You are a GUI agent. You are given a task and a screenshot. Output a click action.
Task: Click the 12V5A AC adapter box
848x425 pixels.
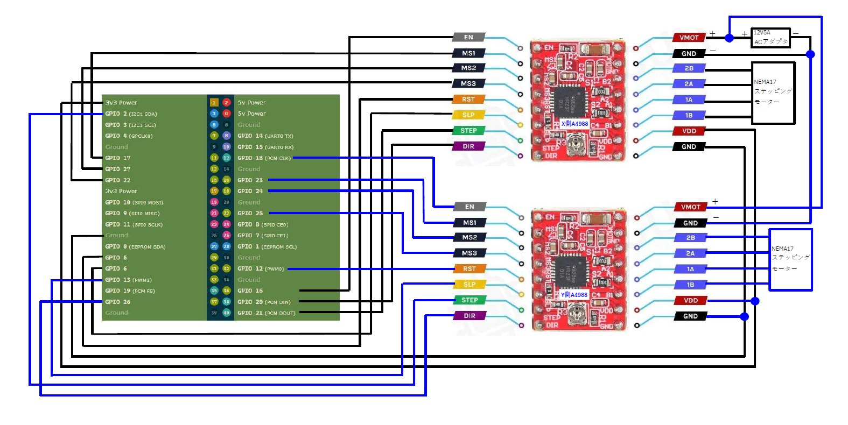point(770,38)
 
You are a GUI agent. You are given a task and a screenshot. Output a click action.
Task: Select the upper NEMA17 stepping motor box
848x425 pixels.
point(773,93)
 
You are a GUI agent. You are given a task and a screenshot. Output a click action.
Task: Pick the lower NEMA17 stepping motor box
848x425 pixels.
point(790,259)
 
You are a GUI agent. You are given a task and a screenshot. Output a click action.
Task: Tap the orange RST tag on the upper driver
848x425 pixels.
point(468,100)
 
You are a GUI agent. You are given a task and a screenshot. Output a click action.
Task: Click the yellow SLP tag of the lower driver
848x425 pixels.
point(469,285)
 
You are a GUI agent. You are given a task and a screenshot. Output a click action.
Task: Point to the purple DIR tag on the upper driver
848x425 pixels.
point(468,146)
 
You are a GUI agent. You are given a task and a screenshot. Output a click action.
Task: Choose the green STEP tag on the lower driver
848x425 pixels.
point(469,300)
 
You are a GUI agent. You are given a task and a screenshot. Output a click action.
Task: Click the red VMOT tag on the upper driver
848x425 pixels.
point(689,38)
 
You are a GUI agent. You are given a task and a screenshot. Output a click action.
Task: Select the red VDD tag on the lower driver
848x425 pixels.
point(690,301)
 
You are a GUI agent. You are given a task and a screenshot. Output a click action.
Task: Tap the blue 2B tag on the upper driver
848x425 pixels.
point(689,68)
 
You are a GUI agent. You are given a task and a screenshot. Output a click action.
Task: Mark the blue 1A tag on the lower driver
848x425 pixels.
point(690,269)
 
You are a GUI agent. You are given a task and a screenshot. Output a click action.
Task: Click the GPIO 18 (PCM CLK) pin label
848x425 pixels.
point(264,158)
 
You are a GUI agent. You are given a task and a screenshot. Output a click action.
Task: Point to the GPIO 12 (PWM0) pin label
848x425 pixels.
point(261,268)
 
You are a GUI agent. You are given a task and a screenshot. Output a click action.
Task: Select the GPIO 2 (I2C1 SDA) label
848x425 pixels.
point(131,114)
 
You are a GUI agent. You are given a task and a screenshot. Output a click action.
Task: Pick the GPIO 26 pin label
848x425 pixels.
point(118,302)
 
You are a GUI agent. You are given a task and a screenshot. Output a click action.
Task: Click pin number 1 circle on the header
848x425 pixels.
point(214,102)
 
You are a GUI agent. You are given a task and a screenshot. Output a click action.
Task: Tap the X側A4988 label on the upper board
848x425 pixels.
point(574,124)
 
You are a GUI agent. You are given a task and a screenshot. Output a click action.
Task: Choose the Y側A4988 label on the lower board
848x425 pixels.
point(574,295)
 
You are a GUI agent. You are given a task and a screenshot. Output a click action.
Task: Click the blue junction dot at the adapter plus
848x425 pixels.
point(729,38)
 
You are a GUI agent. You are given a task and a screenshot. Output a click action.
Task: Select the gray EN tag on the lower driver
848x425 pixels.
point(469,207)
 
